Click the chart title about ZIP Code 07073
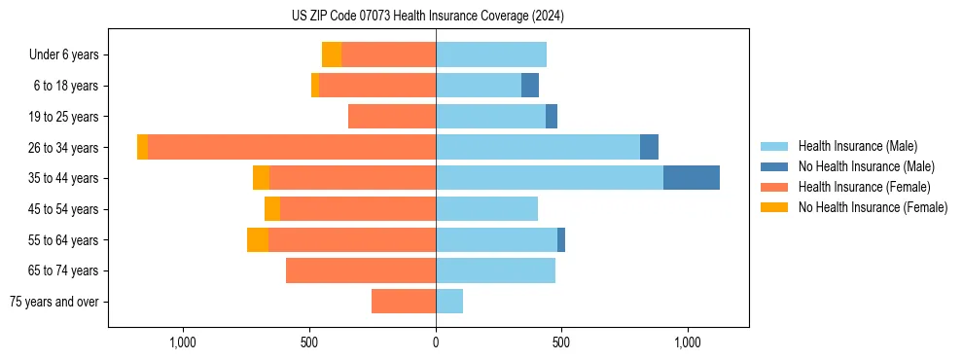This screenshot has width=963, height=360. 428,17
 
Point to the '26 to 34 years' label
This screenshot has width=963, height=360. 64,147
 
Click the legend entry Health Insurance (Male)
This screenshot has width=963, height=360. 856,146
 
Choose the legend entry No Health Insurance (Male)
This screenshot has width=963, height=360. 866,166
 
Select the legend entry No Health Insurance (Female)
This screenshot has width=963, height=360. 873,207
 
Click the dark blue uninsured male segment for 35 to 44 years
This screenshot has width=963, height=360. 692,178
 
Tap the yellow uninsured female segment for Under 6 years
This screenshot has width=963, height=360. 332,54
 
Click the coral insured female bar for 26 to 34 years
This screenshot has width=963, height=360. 292,147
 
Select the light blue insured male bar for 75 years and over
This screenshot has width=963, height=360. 449,302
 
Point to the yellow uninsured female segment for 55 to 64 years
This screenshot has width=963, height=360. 258,240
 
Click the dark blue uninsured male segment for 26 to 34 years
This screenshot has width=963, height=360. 649,147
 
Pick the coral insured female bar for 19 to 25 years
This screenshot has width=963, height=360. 392,117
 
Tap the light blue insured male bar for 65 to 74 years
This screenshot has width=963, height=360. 495,270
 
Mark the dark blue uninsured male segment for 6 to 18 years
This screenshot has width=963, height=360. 530,86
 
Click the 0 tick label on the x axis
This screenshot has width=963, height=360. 436,343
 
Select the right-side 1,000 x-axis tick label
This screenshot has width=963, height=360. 688,343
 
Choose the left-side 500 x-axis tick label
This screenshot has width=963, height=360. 309,343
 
